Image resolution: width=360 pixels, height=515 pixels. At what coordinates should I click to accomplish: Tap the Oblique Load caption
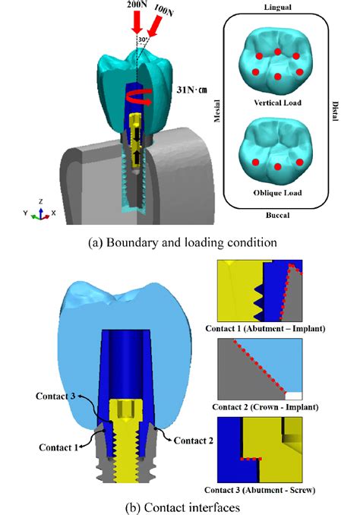(277, 193)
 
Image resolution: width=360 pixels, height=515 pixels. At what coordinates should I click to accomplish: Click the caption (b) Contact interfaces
(179, 504)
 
